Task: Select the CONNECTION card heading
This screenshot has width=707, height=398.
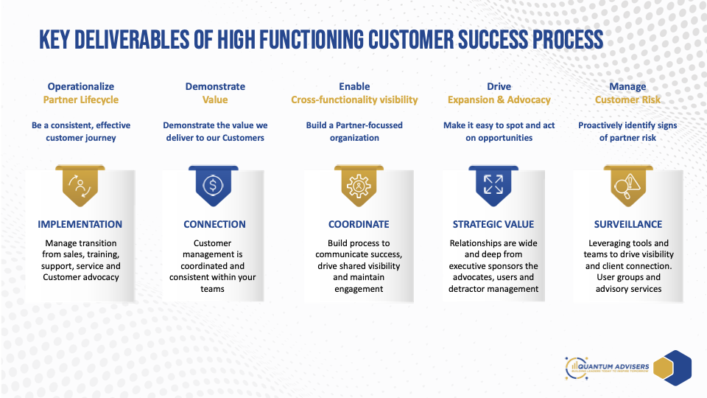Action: pyautogui.click(x=215, y=224)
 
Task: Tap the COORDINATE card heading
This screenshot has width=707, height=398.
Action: pyautogui.click(x=359, y=224)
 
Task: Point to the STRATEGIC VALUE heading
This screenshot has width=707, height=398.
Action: pyautogui.click(x=493, y=224)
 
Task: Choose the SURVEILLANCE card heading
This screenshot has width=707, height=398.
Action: pyautogui.click(x=628, y=224)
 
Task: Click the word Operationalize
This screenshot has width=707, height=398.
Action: pyautogui.click(x=81, y=86)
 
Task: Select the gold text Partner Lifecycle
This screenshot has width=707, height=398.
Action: pyautogui.click(x=81, y=99)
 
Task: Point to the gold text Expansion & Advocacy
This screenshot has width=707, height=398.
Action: pyautogui.click(x=499, y=99)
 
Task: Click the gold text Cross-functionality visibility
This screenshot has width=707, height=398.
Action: pyautogui.click(x=354, y=99)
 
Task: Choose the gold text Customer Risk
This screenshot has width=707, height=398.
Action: pyautogui.click(x=628, y=99)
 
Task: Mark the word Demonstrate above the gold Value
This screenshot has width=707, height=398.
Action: pyautogui.click(x=215, y=86)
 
